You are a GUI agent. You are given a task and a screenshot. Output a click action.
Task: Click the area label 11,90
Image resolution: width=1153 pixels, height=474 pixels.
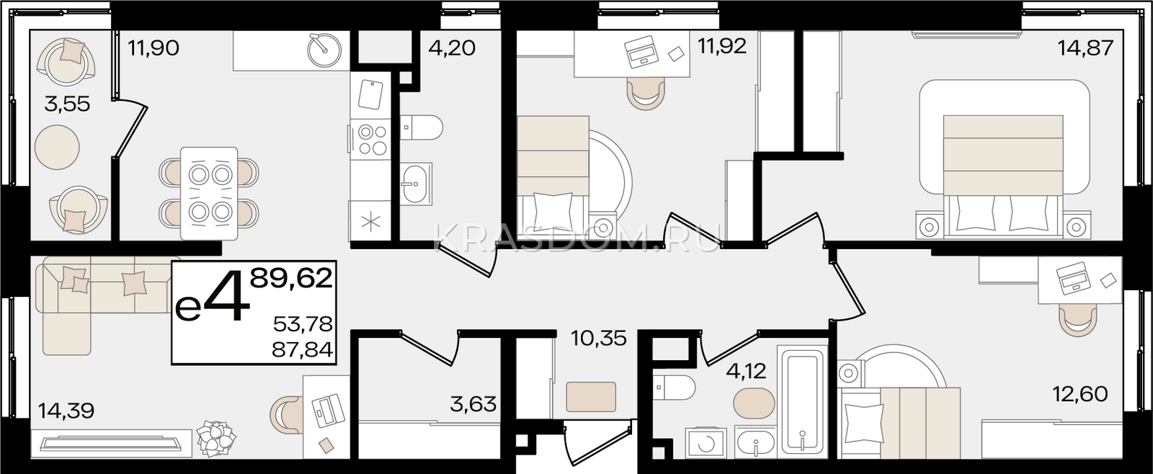153,48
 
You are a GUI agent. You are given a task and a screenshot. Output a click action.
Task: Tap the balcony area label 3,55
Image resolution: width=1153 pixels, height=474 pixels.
68,104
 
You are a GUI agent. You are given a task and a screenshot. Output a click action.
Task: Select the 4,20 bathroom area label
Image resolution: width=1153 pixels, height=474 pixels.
452,48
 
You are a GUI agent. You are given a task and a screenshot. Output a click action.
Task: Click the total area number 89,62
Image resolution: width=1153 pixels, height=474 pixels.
291,280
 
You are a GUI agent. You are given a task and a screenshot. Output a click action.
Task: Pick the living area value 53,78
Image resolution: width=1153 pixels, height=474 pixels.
303,324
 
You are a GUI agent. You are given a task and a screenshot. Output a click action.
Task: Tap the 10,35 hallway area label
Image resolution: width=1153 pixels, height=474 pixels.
599,339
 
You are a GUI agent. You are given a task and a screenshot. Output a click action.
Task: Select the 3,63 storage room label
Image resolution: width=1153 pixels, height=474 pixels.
473,404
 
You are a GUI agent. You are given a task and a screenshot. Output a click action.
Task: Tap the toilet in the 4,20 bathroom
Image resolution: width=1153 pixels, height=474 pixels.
421,127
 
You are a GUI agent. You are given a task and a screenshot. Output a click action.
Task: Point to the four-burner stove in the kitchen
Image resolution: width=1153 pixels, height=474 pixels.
374,140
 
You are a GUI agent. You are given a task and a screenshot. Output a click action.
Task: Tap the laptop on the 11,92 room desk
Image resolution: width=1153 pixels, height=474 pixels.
641,51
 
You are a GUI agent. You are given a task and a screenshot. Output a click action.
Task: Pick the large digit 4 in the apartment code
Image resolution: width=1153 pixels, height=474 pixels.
226,296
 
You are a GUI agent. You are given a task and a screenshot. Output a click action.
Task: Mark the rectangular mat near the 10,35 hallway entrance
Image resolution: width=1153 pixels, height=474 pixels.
591,397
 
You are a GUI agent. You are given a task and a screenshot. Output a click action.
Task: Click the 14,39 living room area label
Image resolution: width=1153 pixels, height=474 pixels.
66,411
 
